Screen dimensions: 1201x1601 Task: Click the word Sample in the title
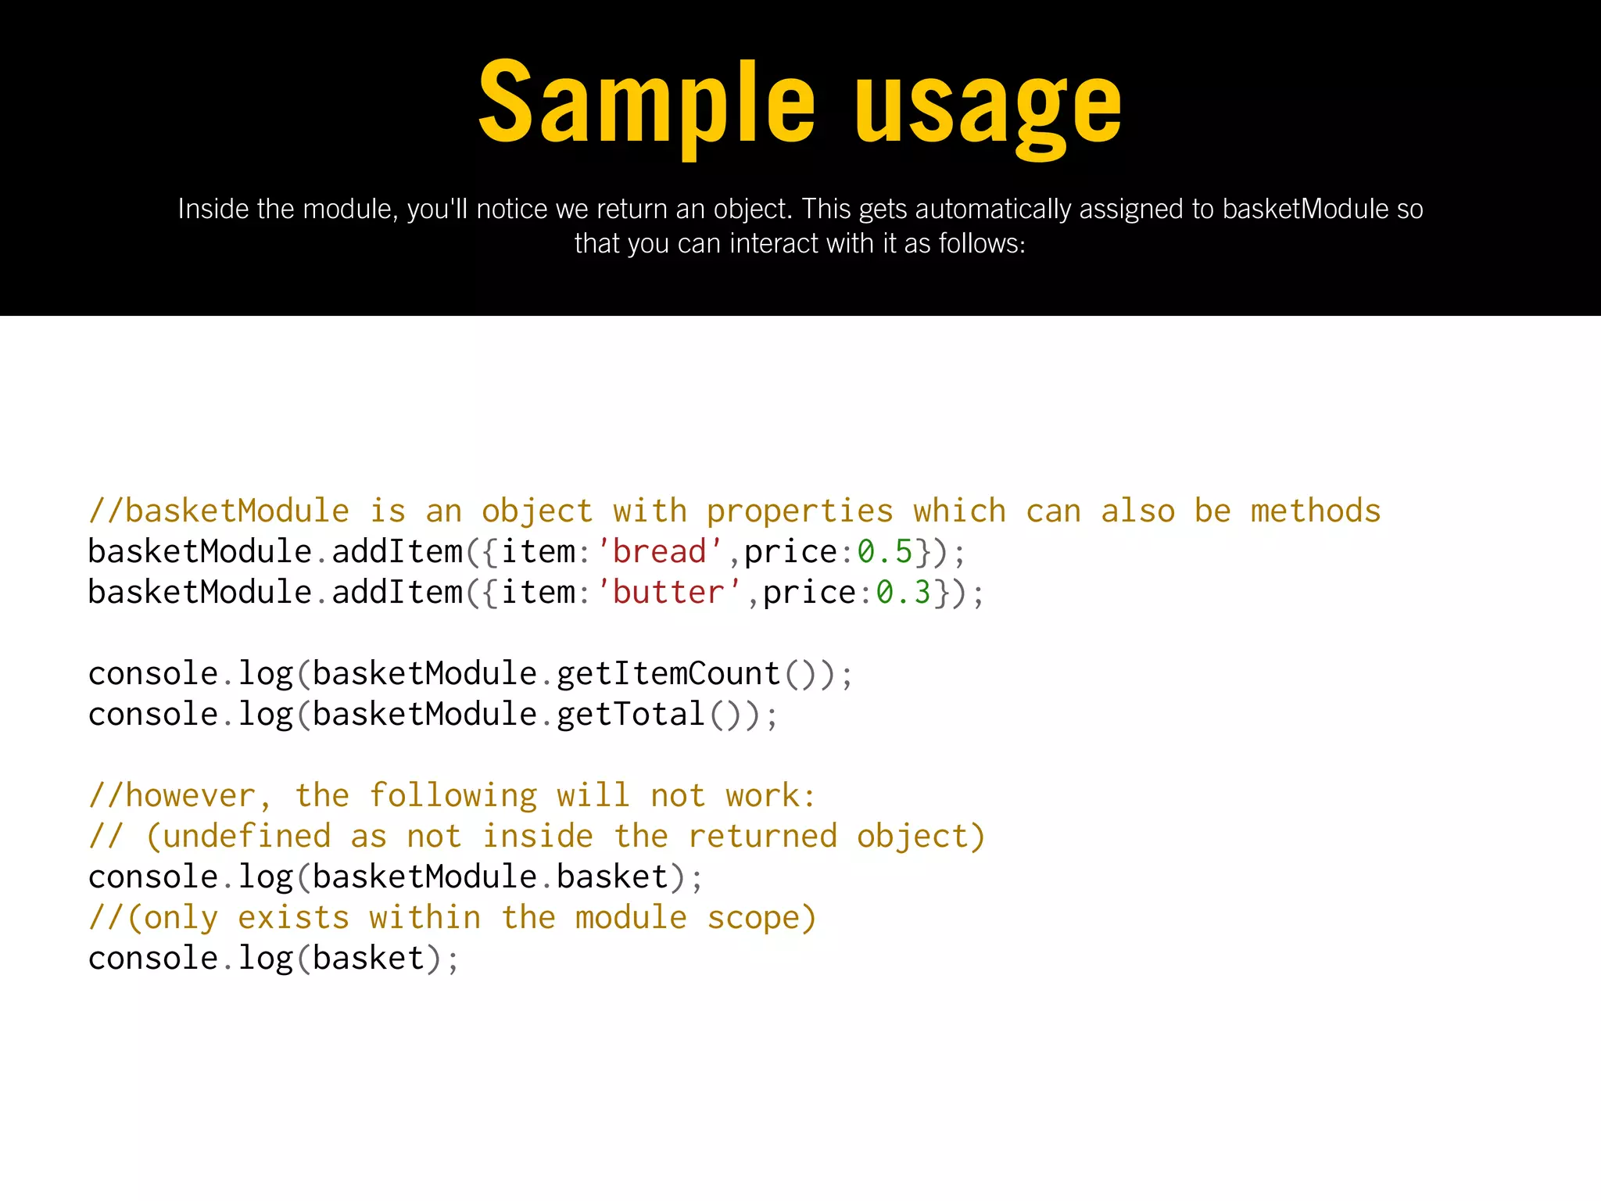click(646, 103)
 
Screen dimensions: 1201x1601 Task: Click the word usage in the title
click(988, 109)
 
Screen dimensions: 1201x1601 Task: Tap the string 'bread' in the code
click(660, 552)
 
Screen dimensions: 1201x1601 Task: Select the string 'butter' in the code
click(669, 593)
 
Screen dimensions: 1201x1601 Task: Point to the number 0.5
click(885, 552)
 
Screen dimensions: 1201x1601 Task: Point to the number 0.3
click(904, 593)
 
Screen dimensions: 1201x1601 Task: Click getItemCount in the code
click(669, 674)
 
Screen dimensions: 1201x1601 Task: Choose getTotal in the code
click(632, 715)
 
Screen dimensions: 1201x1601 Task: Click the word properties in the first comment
click(800, 512)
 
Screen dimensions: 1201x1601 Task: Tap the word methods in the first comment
click(1316, 511)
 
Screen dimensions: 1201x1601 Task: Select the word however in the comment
click(190, 796)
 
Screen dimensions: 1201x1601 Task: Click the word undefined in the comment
click(246, 837)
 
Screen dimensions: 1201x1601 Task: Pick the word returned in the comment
click(762, 837)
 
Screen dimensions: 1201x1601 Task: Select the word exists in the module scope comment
click(293, 918)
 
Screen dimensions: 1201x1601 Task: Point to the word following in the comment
click(453, 796)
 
